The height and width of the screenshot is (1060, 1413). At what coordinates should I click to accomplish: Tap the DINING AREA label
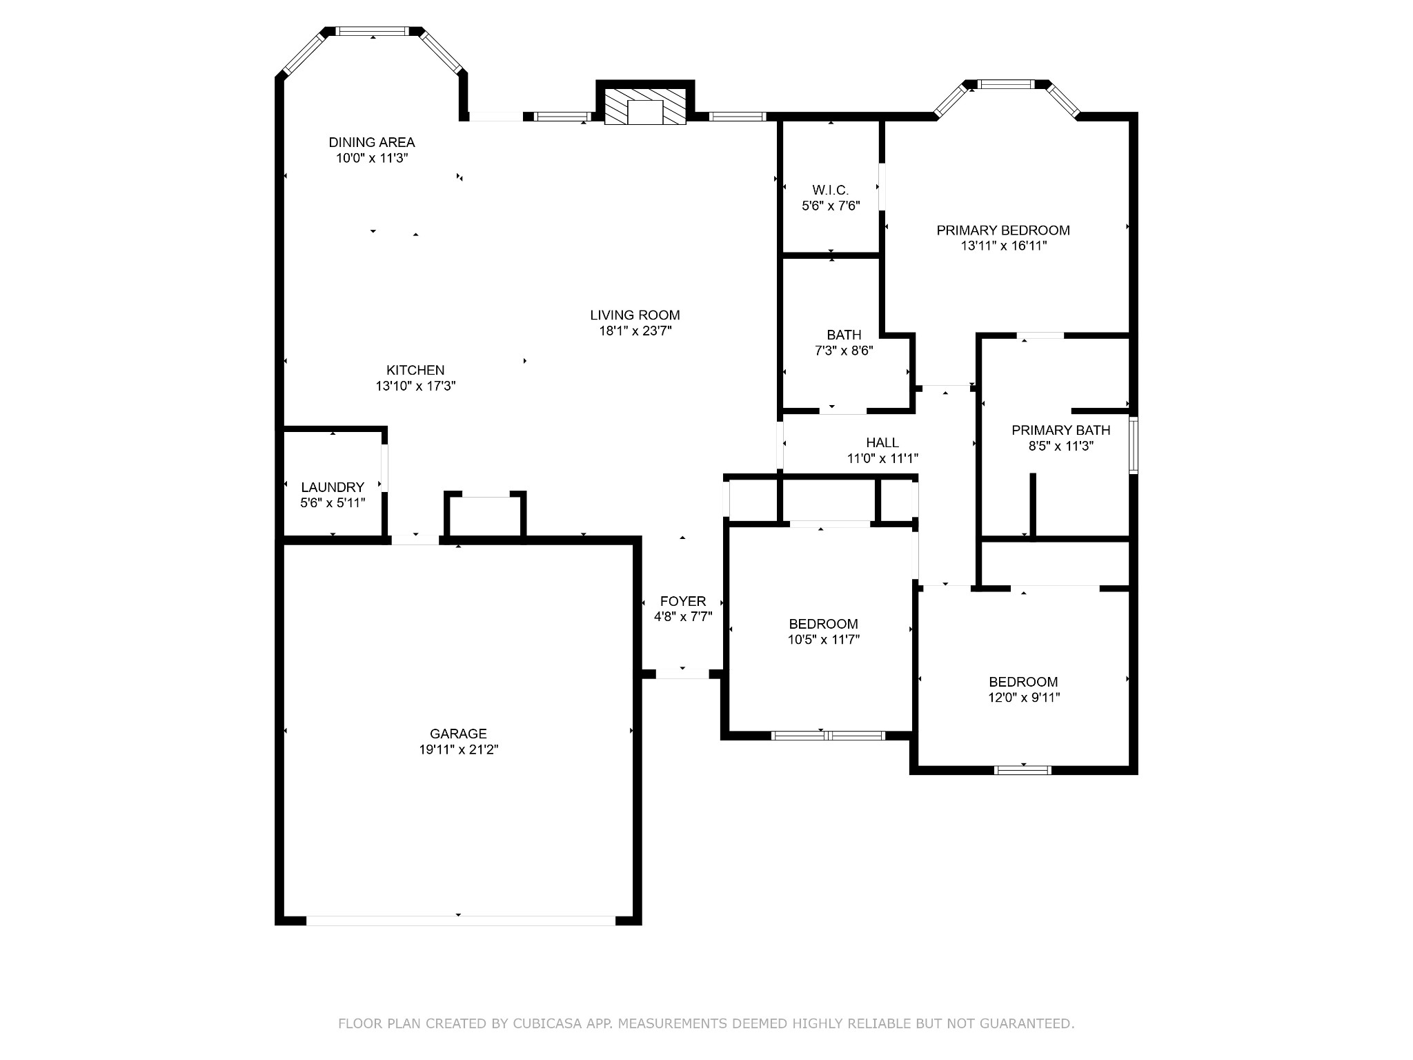(x=371, y=142)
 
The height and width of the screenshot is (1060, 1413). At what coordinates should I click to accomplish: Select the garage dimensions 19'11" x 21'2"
(x=458, y=749)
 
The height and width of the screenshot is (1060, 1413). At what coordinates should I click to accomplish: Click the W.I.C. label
(x=830, y=190)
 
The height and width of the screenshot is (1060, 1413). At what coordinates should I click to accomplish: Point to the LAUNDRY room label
(x=332, y=487)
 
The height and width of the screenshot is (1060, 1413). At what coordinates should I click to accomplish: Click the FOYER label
(x=682, y=601)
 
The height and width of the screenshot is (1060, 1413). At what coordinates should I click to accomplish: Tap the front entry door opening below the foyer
(x=682, y=674)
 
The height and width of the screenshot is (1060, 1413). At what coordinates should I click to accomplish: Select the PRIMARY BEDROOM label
(x=1002, y=230)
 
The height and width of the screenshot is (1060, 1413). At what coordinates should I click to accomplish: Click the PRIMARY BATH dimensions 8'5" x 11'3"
(x=1060, y=446)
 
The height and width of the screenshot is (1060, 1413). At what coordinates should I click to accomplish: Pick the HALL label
(x=882, y=442)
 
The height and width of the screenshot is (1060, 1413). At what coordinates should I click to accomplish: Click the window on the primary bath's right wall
(x=1133, y=444)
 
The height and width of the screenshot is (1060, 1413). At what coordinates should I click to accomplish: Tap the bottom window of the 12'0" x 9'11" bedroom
(x=1022, y=770)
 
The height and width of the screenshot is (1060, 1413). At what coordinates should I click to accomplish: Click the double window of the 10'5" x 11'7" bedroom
(x=827, y=736)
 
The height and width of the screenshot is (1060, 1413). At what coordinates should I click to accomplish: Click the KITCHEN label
(x=415, y=370)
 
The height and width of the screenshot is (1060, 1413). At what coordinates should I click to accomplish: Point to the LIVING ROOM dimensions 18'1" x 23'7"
(x=635, y=331)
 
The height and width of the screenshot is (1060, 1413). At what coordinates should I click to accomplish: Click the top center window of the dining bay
(x=373, y=31)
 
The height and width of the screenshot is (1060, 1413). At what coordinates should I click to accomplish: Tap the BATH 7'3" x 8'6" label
(x=844, y=335)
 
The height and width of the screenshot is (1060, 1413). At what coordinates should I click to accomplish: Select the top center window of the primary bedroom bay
(x=1007, y=85)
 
